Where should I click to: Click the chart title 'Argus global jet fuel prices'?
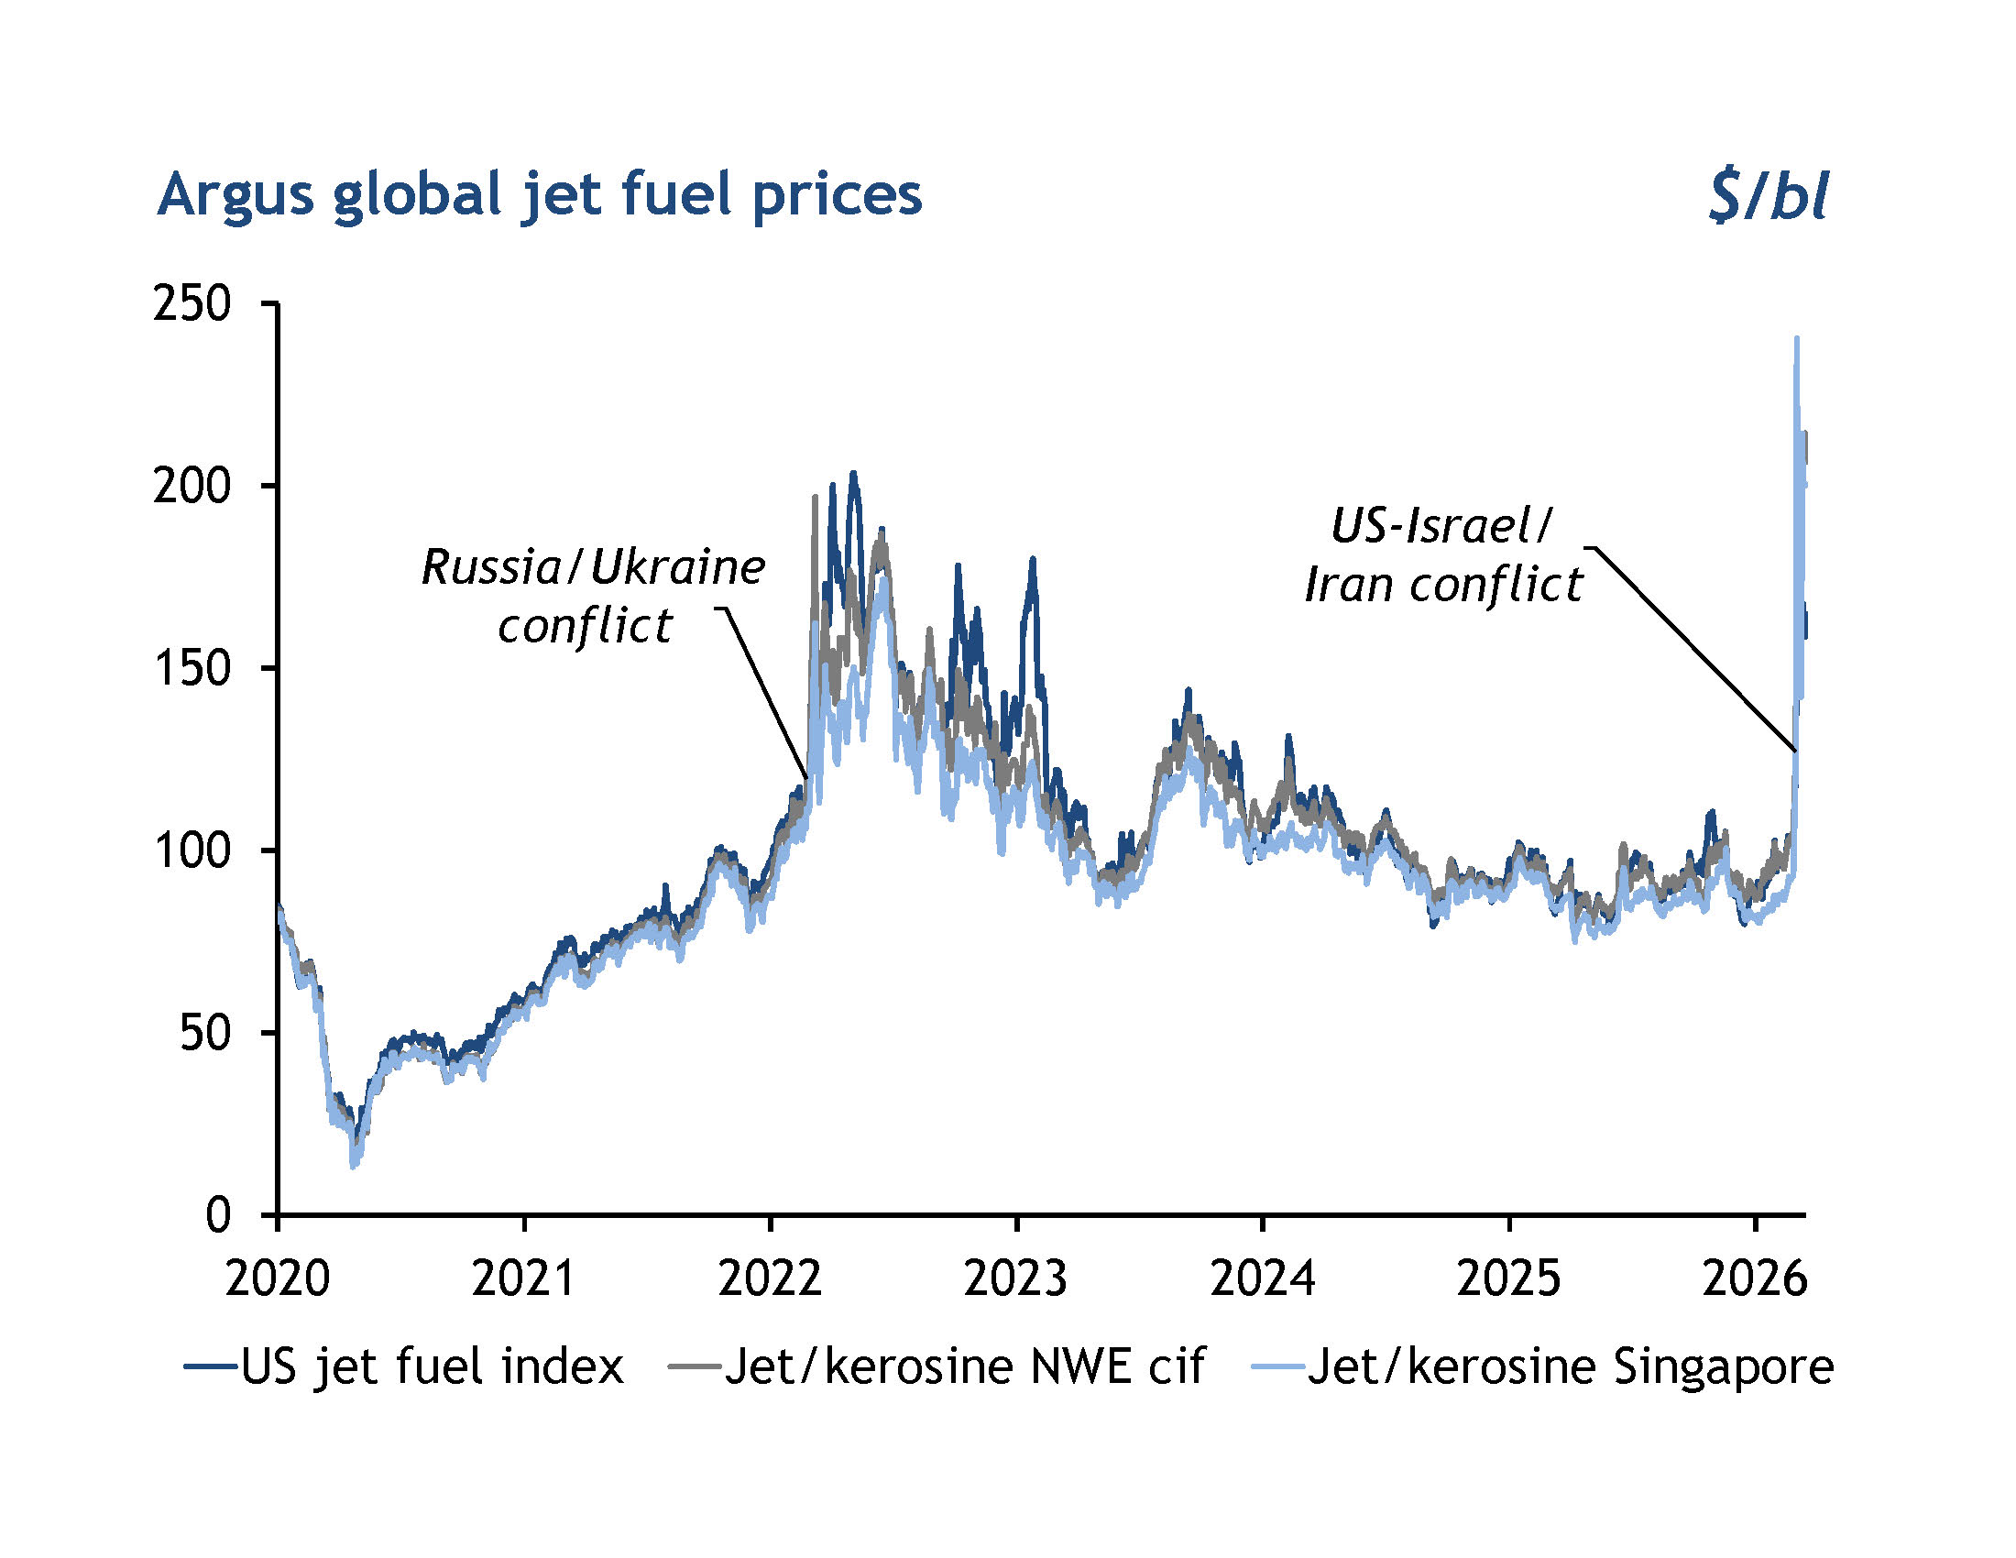tap(539, 196)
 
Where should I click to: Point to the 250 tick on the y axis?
tap(192, 303)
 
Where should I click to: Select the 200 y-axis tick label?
tap(192, 487)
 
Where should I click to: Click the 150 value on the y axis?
tap(192, 668)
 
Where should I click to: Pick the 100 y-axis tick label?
tap(192, 850)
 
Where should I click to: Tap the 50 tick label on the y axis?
tap(204, 1033)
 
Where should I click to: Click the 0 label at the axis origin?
tap(218, 1214)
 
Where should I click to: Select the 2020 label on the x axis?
tap(278, 1279)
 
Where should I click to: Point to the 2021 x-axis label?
tap(523, 1279)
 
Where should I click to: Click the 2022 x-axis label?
tap(770, 1279)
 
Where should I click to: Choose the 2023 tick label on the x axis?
tap(1015, 1279)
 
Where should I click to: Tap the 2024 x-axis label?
tap(1262, 1279)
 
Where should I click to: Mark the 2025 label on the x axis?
tap(1508, 1279)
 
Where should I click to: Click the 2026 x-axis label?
tap(1754, 1279)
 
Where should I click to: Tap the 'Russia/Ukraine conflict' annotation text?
tap(593, 597)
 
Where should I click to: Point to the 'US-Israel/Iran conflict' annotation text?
tap(1442, 554)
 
